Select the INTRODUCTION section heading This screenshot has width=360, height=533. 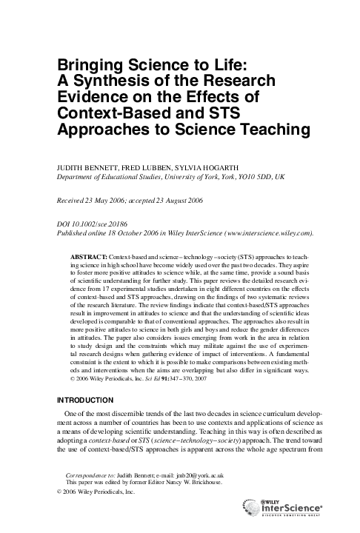tap(89, 400)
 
